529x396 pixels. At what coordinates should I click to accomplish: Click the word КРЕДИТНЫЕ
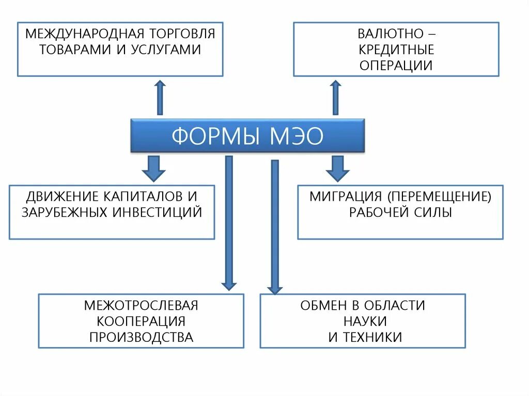tap(396, 50)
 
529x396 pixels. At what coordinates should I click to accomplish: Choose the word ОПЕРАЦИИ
tap(396, 66)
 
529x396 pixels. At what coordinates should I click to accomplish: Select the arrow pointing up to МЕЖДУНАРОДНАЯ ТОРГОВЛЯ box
tap(160, 97)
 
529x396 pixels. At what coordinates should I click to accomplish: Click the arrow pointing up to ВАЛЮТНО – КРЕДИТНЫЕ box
tap(336, 97)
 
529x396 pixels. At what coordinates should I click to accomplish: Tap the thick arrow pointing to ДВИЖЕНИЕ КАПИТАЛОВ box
tap(153, 167)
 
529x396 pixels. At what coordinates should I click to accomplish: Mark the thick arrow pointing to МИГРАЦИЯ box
tap(338, 167)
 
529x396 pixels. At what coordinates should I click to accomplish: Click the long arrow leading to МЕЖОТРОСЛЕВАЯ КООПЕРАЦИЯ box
tap(229, 222)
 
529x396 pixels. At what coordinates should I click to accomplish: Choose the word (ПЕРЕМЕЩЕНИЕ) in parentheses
tap(440, 196)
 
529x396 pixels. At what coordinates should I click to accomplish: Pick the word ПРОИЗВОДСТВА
tap(141, 337)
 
